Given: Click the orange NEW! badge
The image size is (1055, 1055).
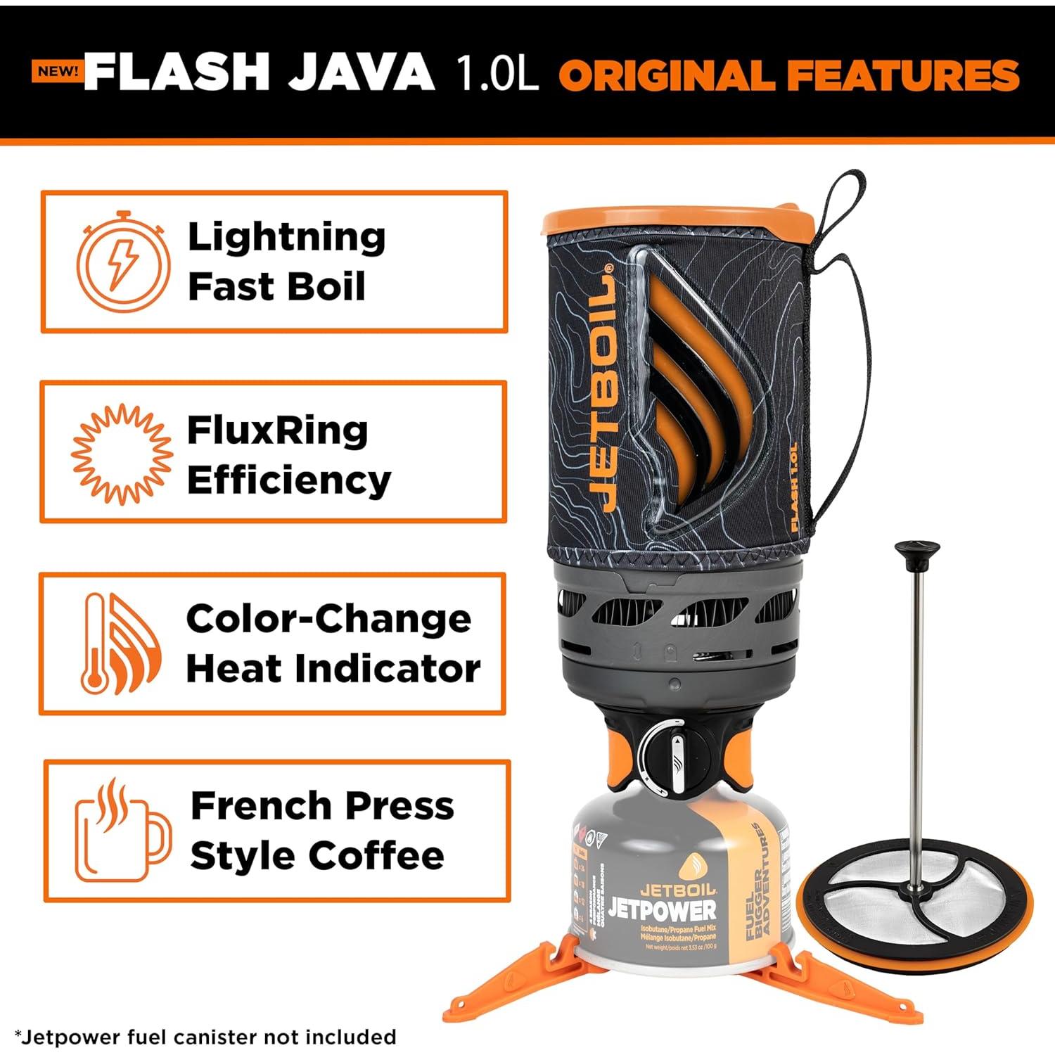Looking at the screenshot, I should (x=57, y=71).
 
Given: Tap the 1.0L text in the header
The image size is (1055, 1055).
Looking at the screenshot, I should (x=497, y=72).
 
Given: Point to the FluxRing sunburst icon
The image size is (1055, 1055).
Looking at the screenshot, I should (x=122, y=454).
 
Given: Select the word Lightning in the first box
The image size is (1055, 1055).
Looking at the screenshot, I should (x=286, y=237).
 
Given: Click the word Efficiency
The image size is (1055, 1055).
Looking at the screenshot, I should (x=288, y=481).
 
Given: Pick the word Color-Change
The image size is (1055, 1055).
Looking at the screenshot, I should (x=328, y=620).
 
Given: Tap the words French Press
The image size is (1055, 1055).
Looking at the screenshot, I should (x=322, y=806).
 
